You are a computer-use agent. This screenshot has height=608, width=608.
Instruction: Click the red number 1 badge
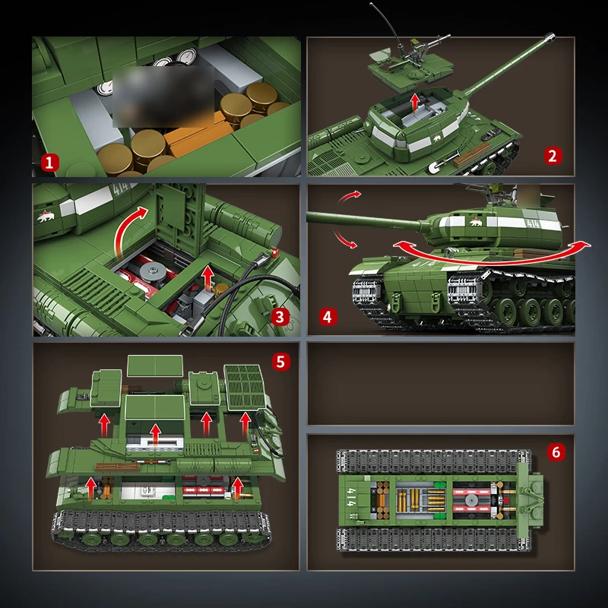click(x=49, y=163)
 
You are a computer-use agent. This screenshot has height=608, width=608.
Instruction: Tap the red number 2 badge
click(x=553, y=156)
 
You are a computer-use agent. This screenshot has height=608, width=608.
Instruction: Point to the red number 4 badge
click(x=328, y=317)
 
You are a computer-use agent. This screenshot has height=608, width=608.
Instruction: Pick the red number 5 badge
click(x=280, y=362)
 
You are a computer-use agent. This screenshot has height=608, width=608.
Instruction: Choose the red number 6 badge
click(x=556, y=452)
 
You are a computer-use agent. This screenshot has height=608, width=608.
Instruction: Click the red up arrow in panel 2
click(x=415, y=103)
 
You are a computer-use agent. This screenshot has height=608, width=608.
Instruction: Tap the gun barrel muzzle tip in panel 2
click(x=549, y=37)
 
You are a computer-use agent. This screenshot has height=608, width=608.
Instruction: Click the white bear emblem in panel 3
click(x=46, y=217)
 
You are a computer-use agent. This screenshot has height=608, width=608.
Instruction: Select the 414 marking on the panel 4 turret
click(x=534, y=223)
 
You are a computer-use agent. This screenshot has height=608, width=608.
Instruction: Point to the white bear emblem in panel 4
click(x=476, y=222)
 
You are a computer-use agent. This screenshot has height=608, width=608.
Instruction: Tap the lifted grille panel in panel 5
click(x=245, y=387)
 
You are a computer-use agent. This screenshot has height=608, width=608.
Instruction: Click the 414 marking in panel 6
click(x=352, y=499)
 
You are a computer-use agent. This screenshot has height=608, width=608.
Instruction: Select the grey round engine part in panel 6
click(x=471, y=500)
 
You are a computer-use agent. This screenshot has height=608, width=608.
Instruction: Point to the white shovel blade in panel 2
click(x=435, y=167)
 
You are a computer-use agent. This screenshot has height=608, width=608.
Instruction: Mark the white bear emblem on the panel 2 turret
click(x=436, y=138)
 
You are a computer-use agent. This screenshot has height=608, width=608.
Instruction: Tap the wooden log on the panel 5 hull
click(x=117, y=467)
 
